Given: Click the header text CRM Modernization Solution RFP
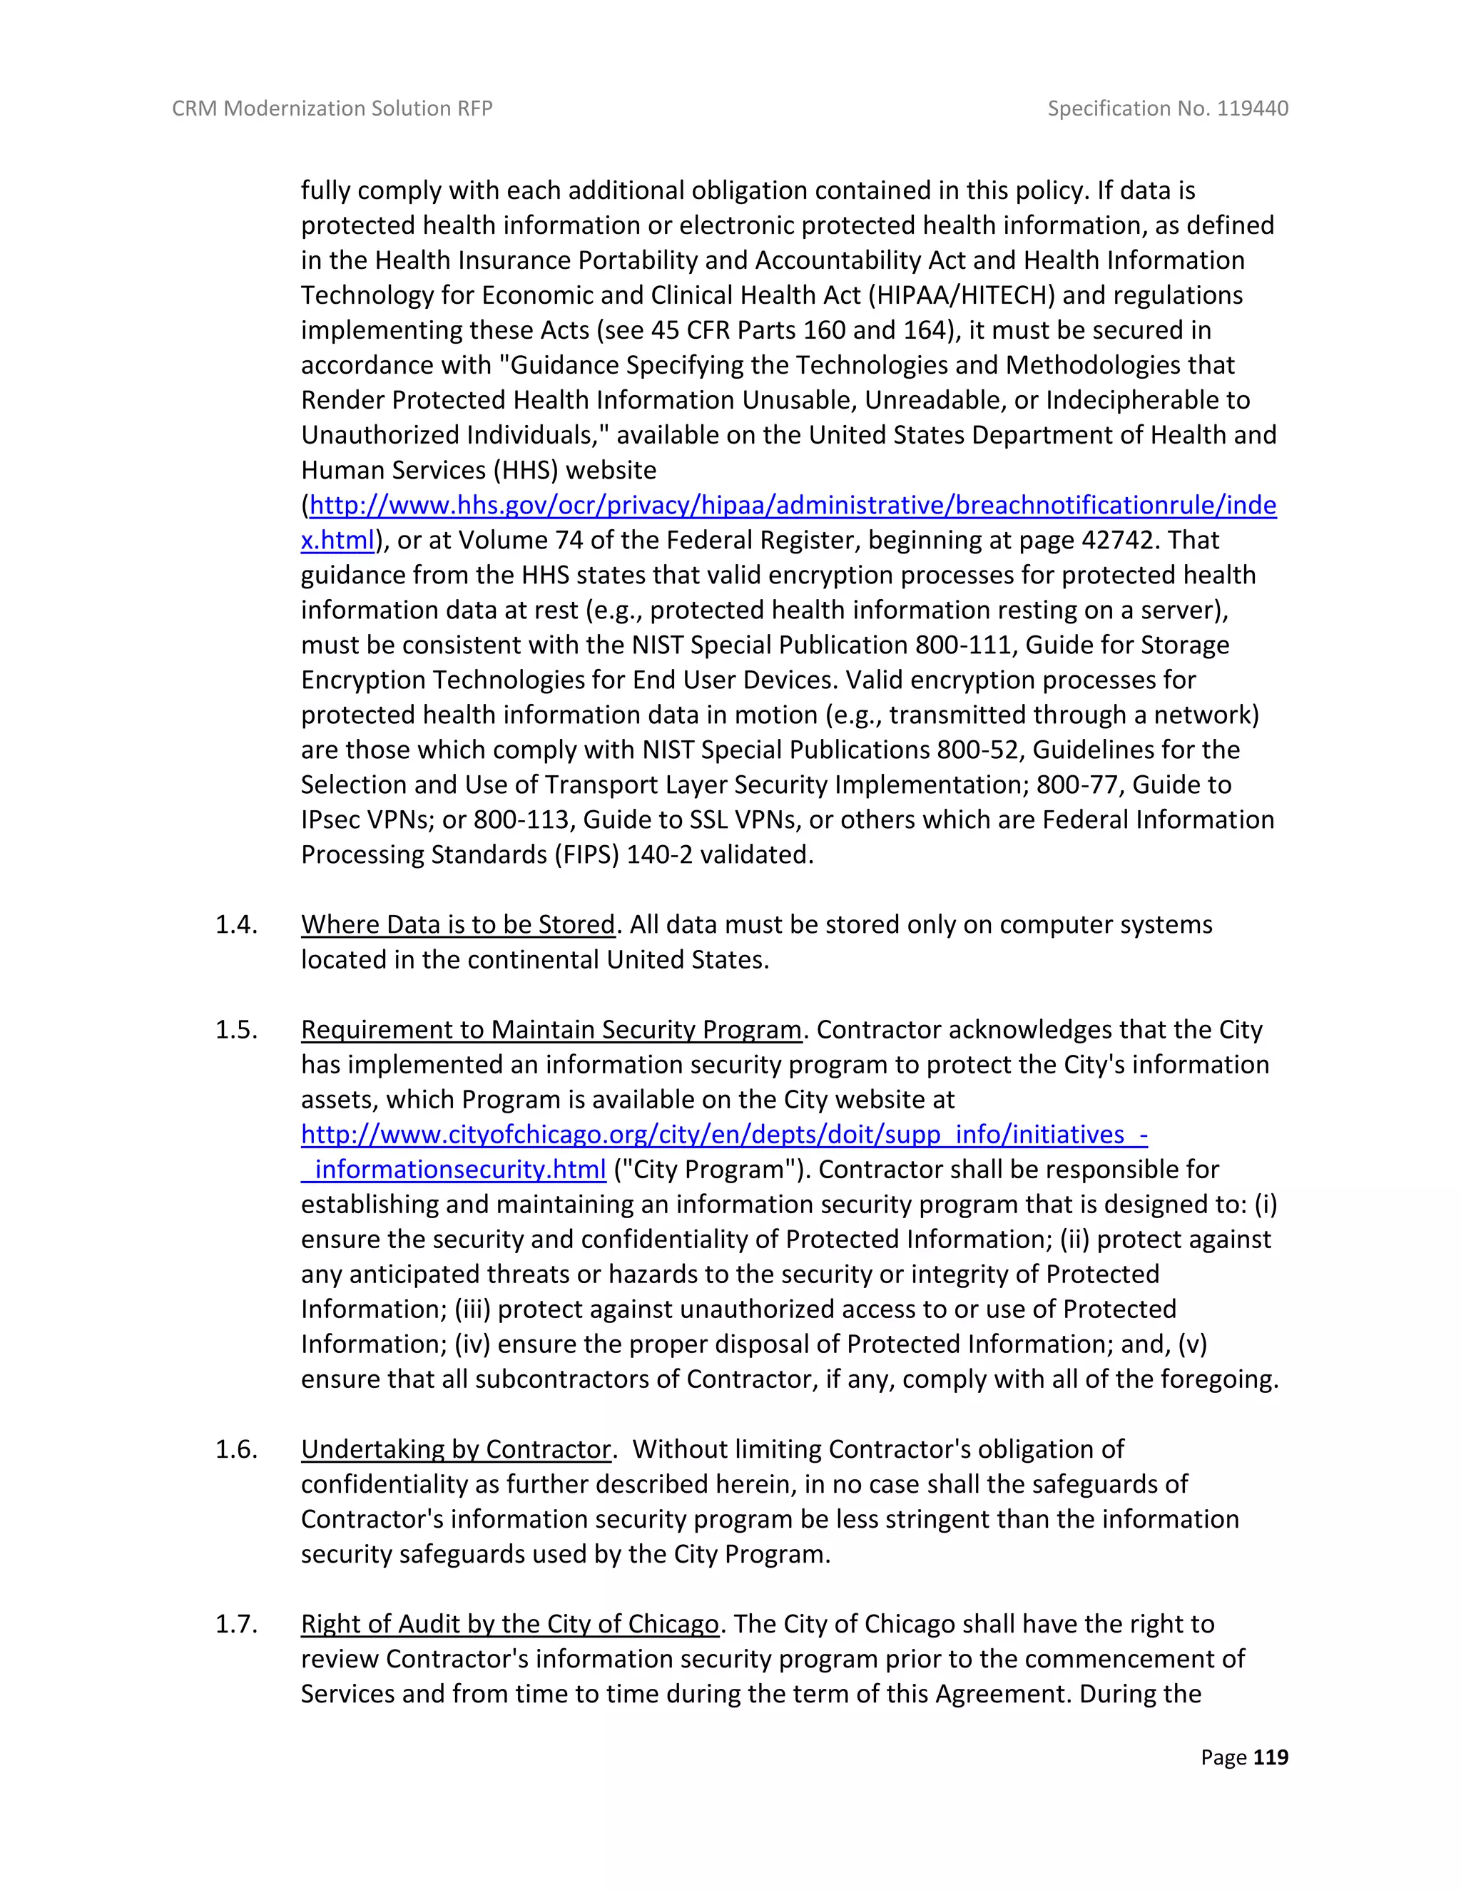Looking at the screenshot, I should click(x=332, y=108).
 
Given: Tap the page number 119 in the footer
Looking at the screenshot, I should click(x=1270, y=1757).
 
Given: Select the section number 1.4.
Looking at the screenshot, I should click(x=236, y=924).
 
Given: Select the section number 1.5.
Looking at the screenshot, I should click(x=236, y=1029).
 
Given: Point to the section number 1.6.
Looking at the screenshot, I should click(x=236, y=1449).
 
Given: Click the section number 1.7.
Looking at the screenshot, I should click(x=236, y=1623).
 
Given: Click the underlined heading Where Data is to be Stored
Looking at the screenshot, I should click(x=458, y=924).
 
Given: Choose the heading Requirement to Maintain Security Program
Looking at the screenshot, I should click(x=551, y=1029).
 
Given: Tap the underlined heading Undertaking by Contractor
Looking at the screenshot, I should click(x=456, y=1449).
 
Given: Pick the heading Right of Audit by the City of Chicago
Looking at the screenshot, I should click(x=510, y=1623).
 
